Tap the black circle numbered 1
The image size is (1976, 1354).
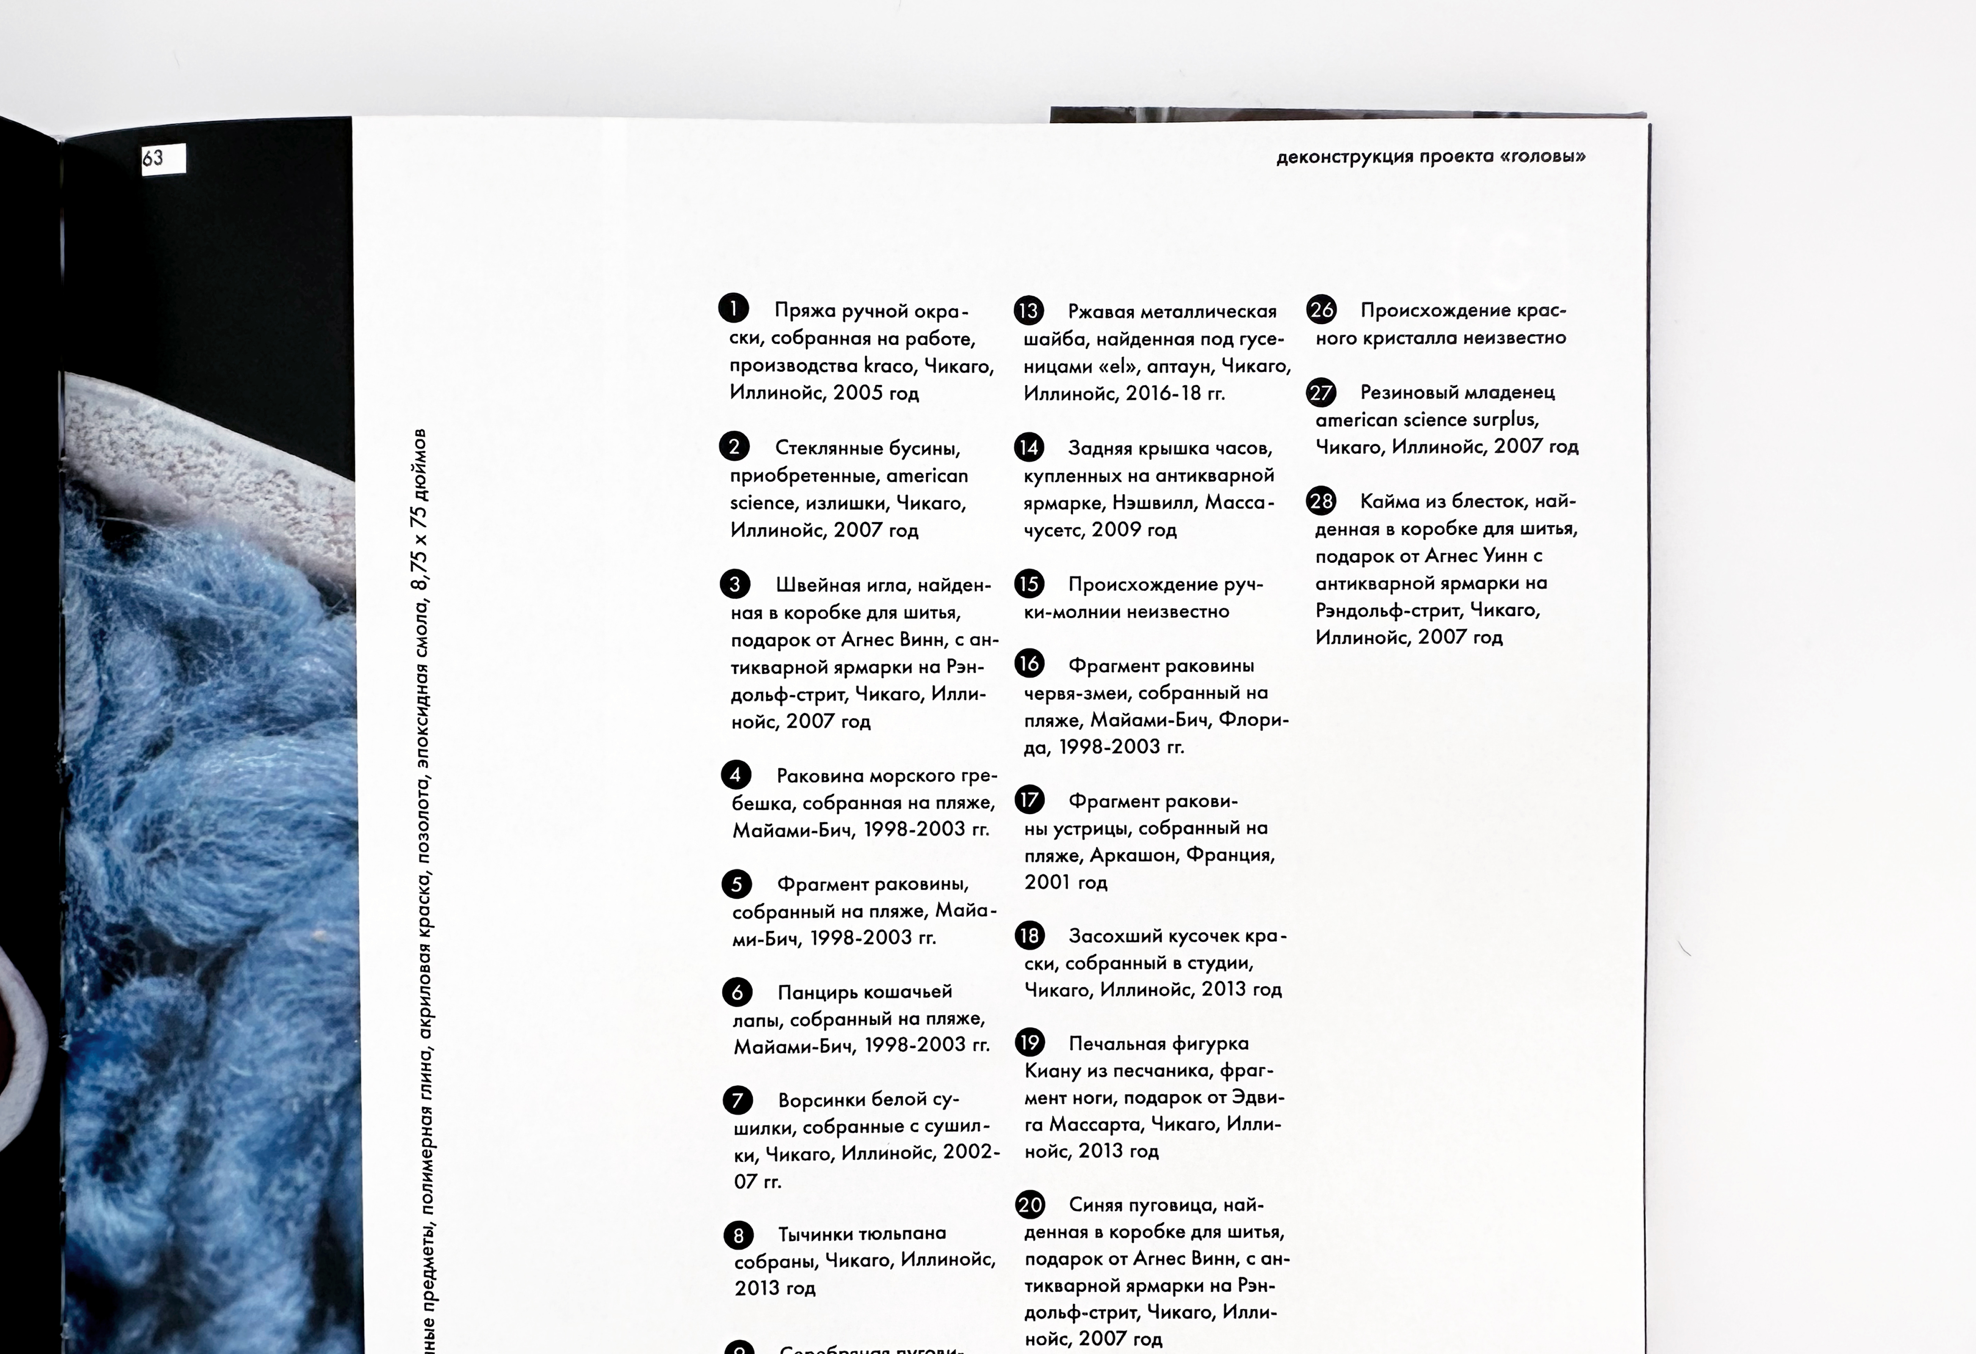click(733, 308)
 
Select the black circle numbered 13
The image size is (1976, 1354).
click(1028, 310)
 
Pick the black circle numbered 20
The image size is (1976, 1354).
click(1030, 1204)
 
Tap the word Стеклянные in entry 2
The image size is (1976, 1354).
click(825, 448)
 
